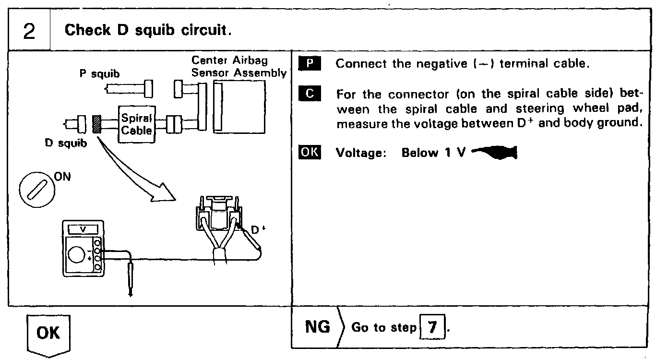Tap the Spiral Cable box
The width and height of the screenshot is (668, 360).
[137, 124]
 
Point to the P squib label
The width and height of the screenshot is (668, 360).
[99, 74]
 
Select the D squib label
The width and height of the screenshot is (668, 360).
[66, 143]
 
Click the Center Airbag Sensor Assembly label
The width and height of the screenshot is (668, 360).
[239, 67]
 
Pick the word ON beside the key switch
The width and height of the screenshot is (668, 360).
[62, 177]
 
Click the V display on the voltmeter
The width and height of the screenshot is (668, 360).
[83, 230]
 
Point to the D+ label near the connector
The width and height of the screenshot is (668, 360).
[258, 230]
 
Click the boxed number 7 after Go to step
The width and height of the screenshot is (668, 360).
[432, 328]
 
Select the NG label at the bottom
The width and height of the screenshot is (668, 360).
[318, 327]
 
